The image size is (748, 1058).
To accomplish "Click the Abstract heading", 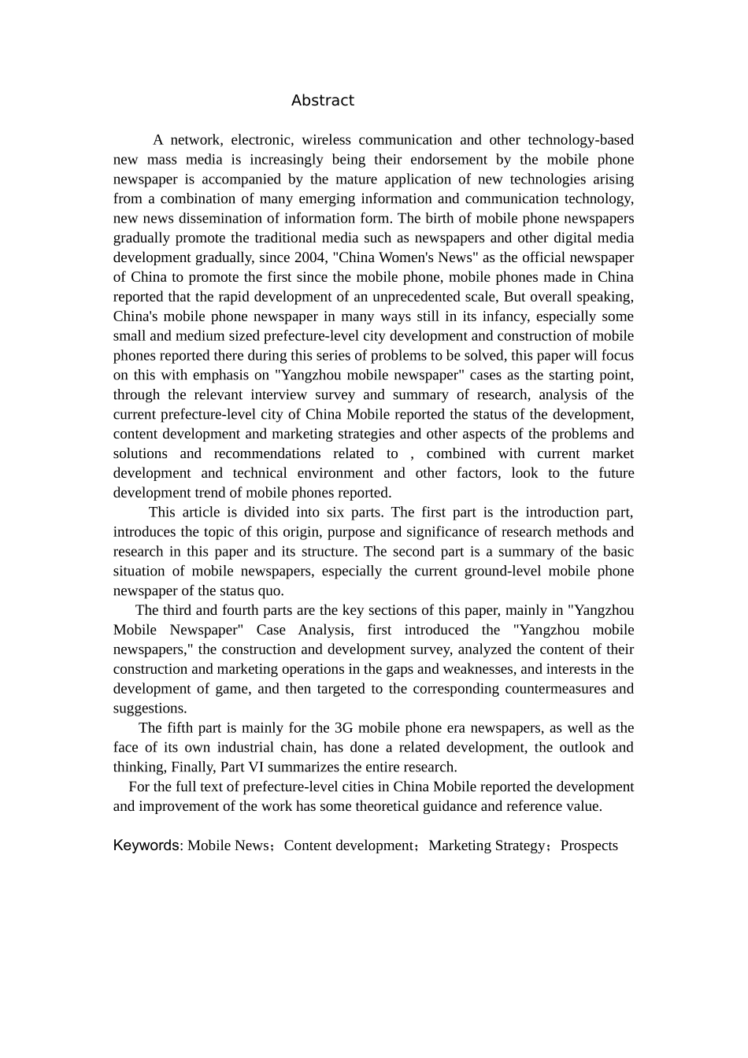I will point(323,101).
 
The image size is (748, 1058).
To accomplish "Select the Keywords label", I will point(147,845).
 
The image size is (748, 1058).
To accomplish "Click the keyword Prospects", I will point(589,846).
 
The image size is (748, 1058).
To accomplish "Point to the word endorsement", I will point(446,160).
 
